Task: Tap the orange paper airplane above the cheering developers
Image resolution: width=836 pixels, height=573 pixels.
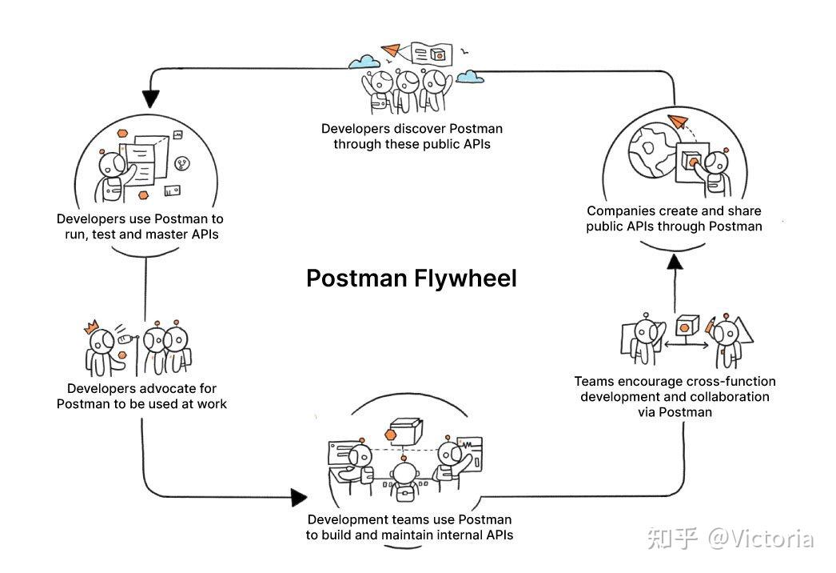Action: coord(391,50)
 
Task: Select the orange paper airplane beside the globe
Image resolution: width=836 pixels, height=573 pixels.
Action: coord(680,121)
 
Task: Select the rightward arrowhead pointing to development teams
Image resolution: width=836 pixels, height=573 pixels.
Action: coord(298,497)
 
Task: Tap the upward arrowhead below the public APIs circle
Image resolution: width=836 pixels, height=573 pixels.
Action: coord(675,262)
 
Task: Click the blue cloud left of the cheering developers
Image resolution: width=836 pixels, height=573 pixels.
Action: coord(364,61)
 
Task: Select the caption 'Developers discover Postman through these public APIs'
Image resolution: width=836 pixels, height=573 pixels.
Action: coord(412,136)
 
